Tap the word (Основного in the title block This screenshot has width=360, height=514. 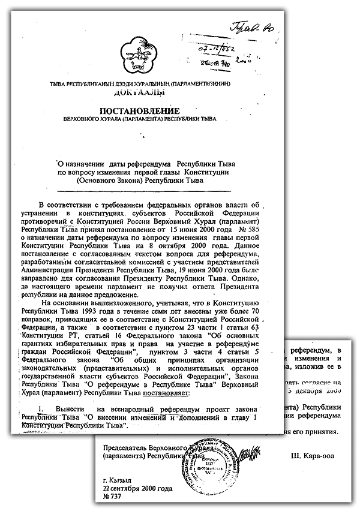pyautogui.click(x=97, y=179)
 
